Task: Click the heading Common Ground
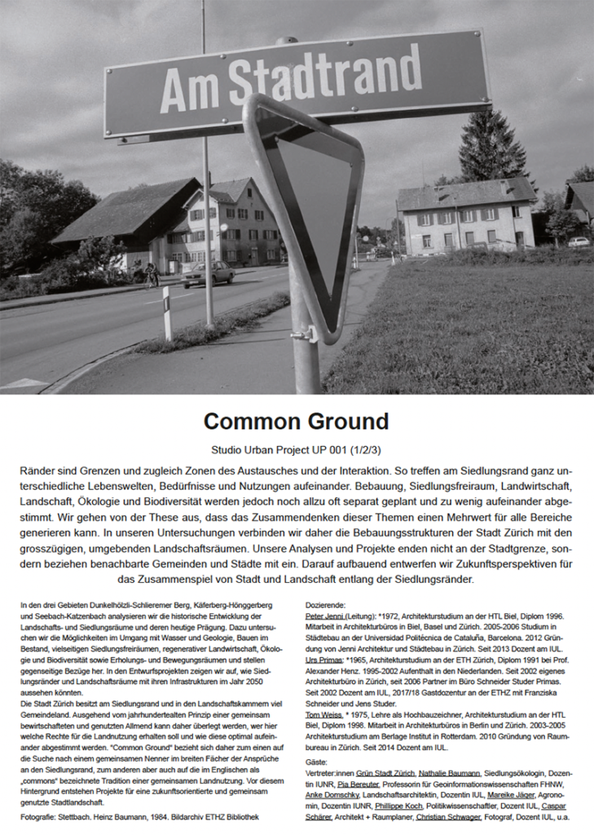[296, 422]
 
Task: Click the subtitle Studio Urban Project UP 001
[296, 449]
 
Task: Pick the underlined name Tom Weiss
[322, 714]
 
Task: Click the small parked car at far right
[579, 241]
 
